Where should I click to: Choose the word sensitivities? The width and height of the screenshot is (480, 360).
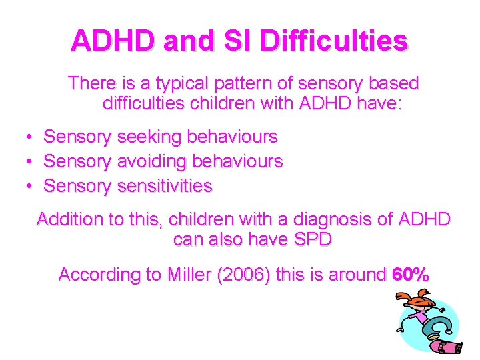[164, 185]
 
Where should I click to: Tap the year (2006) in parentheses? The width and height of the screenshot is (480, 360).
[245, 275]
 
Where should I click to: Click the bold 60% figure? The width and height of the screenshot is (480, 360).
[411, 275]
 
